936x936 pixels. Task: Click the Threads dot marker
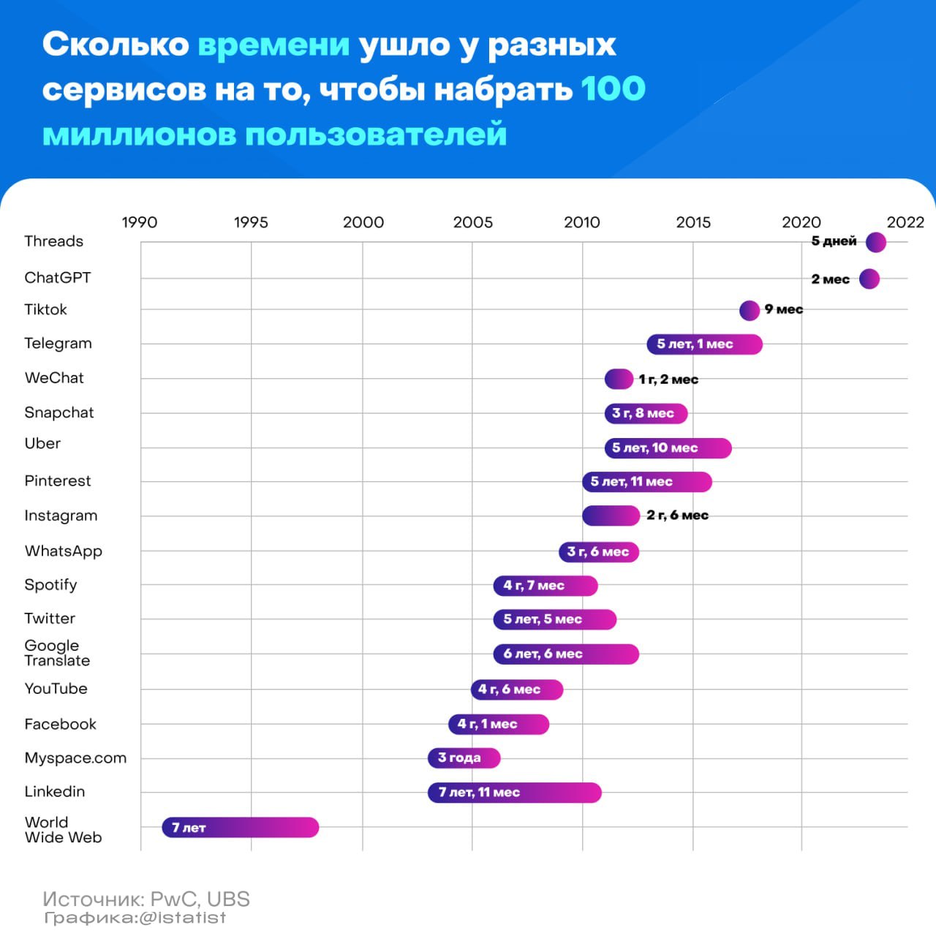coord(875,242)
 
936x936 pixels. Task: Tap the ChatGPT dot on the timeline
coord(869,279)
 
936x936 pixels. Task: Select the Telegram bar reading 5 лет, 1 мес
coord(704,344)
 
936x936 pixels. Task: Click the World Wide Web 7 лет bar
coord(240,827)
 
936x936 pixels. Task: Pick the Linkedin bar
coord(514,792)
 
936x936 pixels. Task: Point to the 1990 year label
coord(139,222)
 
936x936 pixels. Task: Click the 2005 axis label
coord(472,222)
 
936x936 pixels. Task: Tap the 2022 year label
coord(905,222)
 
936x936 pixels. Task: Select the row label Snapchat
coord(59,412)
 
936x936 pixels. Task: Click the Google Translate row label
coord(57,653)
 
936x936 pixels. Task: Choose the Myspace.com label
coord(75,758)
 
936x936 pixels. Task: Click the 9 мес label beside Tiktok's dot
coord(783,309)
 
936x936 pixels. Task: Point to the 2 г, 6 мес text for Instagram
coord(677,516)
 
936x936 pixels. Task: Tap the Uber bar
coord(668,448)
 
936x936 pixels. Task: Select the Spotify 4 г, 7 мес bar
coord(545,585)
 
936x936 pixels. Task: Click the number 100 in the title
coord(613,88)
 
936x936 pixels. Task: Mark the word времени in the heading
coord(273,45)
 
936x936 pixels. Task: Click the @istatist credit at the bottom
coord(181,918)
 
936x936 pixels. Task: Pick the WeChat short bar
coord(619,379)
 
